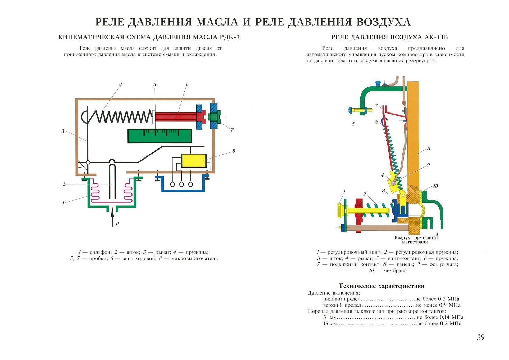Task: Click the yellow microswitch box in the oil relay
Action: (194, 161)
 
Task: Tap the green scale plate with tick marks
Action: (160, 136)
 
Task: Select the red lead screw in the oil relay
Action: (176, 117)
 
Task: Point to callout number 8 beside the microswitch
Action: (234, 151)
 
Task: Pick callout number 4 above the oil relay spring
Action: (121, 84)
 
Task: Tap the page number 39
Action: (481, 337)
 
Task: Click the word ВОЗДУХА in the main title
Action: (384, 22)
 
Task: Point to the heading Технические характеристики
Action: (381, 286)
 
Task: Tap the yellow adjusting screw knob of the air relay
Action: (340, 211)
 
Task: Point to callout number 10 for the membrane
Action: (435, 186)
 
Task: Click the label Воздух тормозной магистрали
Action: (415, 240)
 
